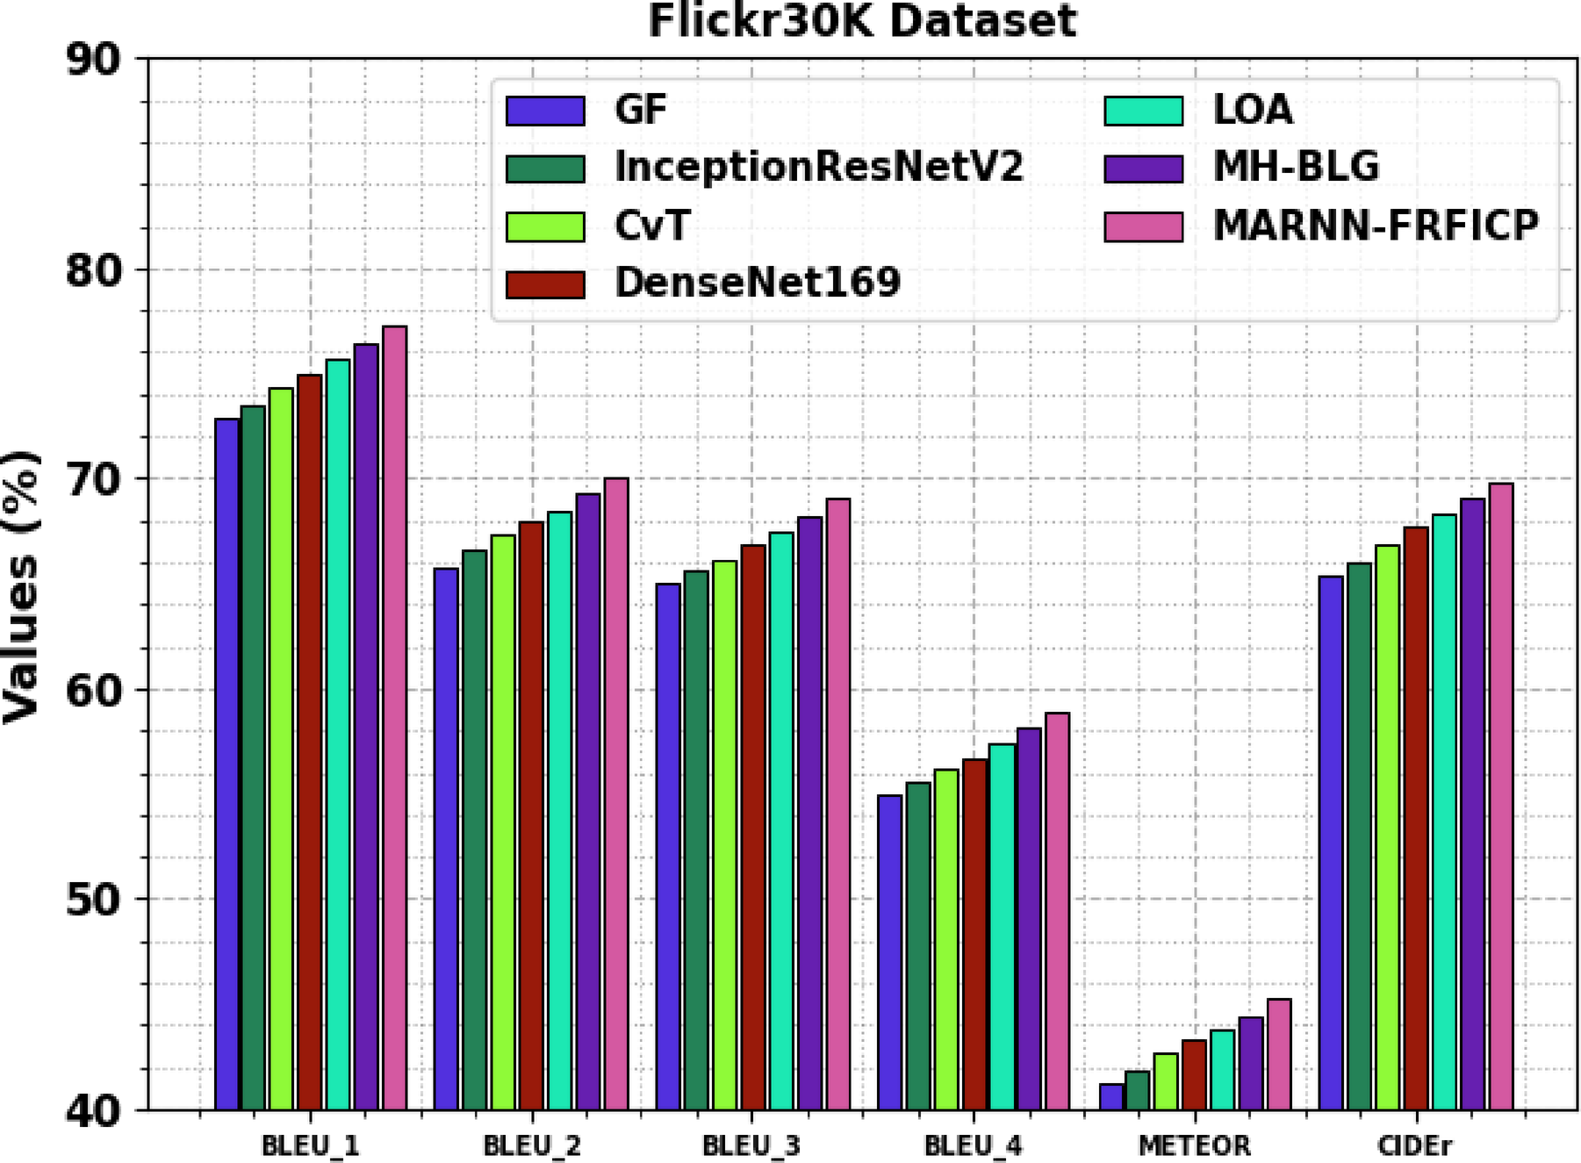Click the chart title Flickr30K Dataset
pos(861,21)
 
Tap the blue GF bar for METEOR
pos(1110,1096)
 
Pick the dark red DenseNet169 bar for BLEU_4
pos(974,934)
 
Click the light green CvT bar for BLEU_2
pos(503,822)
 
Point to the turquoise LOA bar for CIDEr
pos(1444,812)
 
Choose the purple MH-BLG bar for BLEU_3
pos(809,813)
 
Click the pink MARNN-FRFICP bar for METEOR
pos(1279,1054)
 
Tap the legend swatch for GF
pos(545,111)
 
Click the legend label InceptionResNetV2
pos(818,167)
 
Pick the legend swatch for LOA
pos(1143,111)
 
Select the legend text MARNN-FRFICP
pos(1376,226)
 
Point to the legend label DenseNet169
pos(758,283)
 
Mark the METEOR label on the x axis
pos(1194,1145)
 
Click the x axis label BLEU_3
pos(751,1145)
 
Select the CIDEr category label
pos(1414,1145)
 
